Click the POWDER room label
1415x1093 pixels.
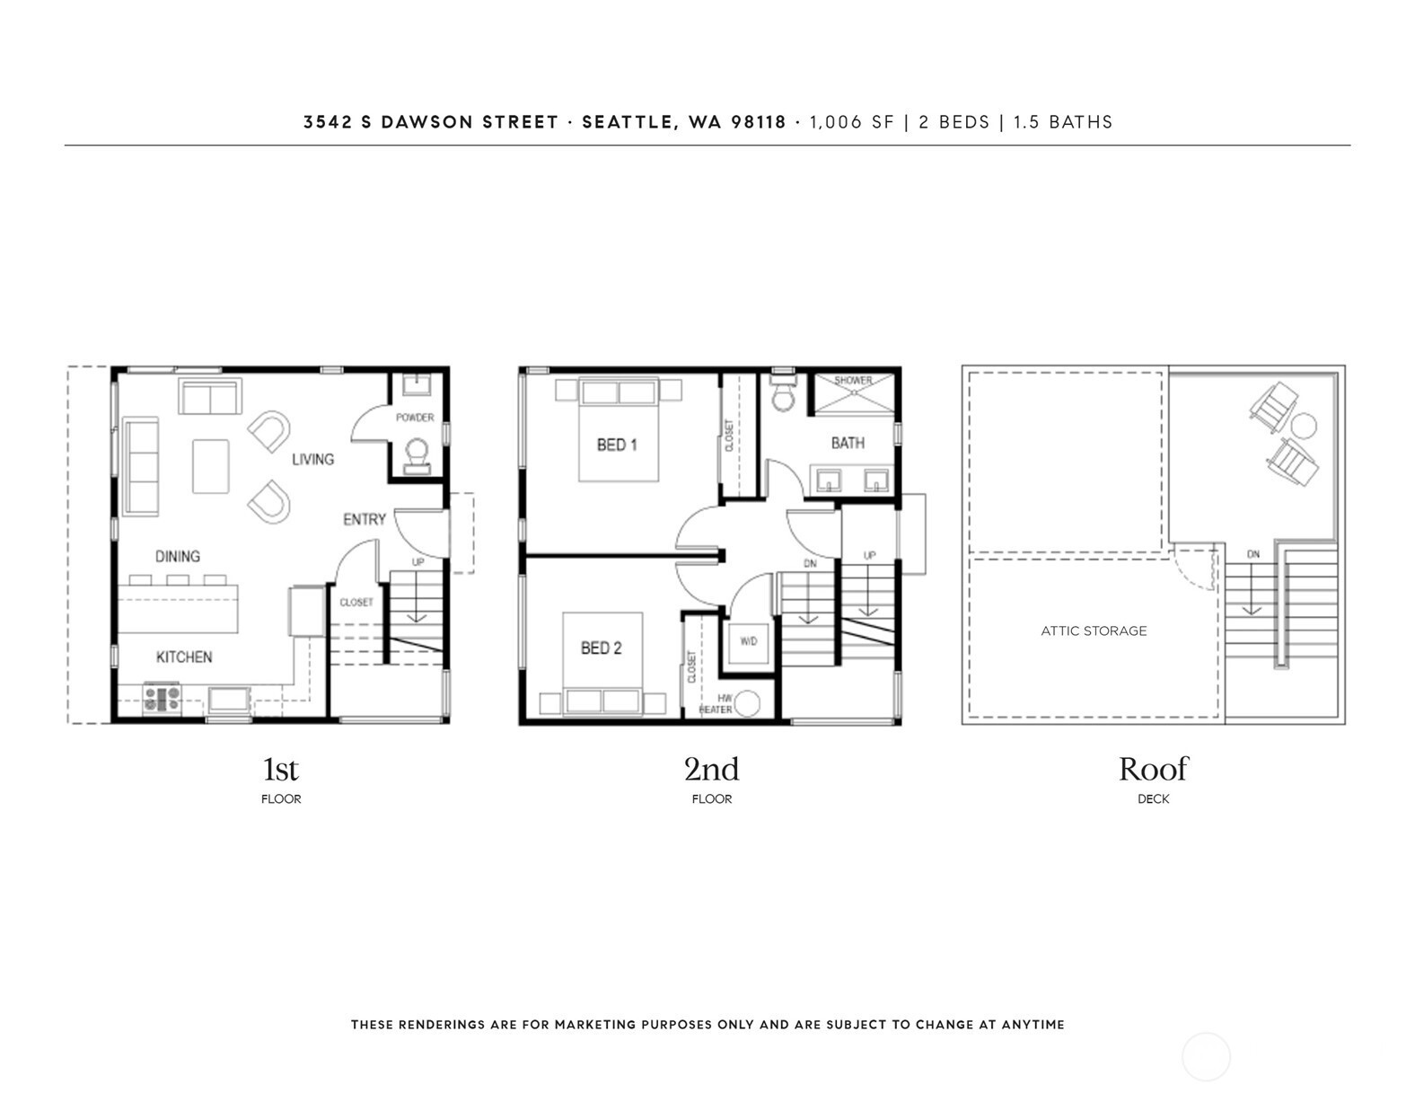tap(415, 418)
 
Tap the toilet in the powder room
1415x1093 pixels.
tap(417, 456)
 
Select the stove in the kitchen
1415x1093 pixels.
tap(163, 700)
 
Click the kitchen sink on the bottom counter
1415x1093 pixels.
tap(229, 701)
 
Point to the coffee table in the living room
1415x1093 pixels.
tap(210, 466)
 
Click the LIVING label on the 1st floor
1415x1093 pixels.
tap(312, 459)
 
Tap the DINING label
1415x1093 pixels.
tap(177, 556)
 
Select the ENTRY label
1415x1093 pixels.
tap(365, 519)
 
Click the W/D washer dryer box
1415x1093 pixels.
tap(749, 642)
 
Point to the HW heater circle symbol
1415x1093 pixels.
tap(747, 704)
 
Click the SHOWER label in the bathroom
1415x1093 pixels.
tap(853, 380)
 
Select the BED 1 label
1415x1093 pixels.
tap(617, 445)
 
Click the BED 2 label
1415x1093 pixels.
tap(601, 648)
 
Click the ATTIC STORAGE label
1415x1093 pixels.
tap(1094, 630)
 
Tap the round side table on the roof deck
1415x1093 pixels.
tap(1304, 427)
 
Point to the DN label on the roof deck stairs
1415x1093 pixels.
tap(1253, 554)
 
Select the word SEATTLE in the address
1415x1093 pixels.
tap(628, 122)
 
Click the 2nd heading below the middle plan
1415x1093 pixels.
tap(711, 770)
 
